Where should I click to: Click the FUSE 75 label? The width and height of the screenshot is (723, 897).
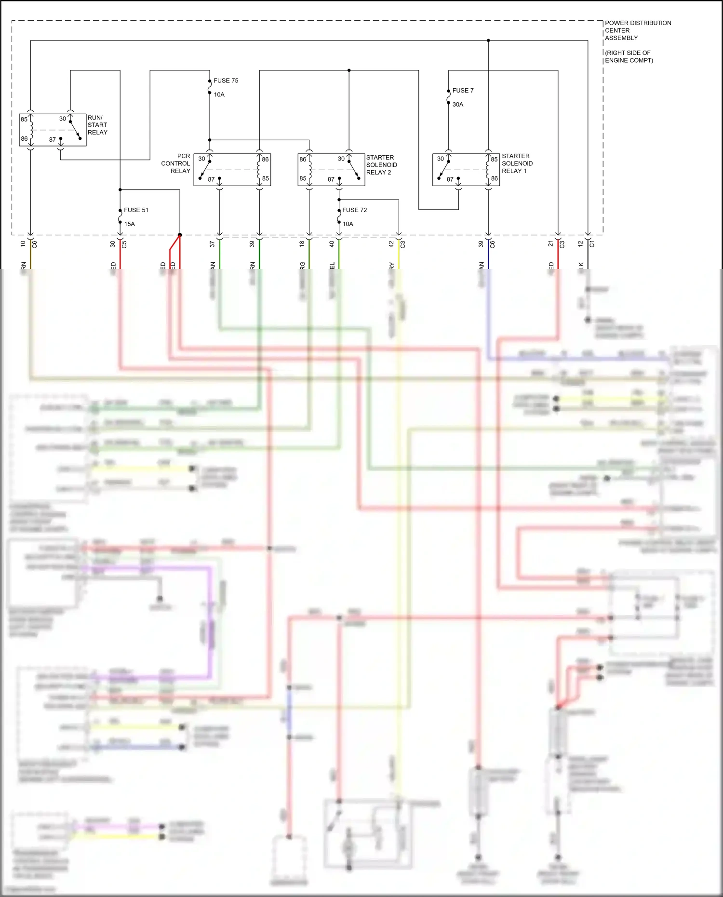click(226, 80)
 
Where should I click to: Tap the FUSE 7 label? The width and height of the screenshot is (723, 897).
click(463, 90)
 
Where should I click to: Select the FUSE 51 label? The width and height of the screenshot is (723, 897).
click(136, 210)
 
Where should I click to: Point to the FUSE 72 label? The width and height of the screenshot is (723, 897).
click(354, 210)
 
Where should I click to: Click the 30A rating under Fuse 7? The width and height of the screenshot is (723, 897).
click(458, 104)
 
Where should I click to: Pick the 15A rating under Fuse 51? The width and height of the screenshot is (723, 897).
click(129, 224)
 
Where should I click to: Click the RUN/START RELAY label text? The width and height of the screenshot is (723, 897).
click(97, 125)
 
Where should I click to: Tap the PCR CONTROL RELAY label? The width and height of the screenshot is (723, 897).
click(176, 163)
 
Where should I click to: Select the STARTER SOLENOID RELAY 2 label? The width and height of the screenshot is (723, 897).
click(381, 165)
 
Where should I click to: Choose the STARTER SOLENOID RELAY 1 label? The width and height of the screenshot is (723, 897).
click(517, 163)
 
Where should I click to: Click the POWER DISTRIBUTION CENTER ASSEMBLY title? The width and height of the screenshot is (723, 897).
click(637, 30)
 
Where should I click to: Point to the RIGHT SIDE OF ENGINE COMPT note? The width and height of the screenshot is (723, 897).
click(629, 56)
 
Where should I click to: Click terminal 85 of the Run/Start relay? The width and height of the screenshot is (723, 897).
click(24, 119)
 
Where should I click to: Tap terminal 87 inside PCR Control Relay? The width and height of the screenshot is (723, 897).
click(211, 179)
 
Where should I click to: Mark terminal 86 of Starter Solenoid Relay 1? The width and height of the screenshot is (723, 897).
click(495, 178)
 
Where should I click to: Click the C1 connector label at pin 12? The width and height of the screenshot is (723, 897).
click(592, 244)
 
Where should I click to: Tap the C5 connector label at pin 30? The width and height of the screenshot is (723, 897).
click(124, 244)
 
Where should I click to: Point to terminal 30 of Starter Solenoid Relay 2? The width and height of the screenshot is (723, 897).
click(341, 159)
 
